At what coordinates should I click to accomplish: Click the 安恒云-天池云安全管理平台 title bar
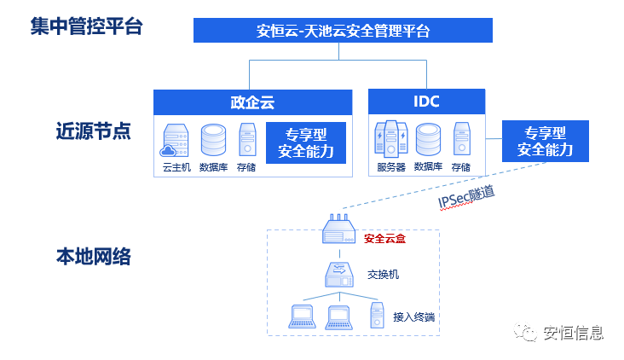pyautogui.click(x=343, y=32)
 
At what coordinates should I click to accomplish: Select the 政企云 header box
pyautogui.click(x=252, y=102)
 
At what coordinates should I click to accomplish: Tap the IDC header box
pyautogui.click(x=426, y=102)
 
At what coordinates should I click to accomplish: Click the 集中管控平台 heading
pyautogui.click(x=86, y=26)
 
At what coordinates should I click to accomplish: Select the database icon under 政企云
pyautogui.click(x=212, y=139)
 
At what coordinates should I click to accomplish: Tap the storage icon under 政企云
pyautogui.click(x=247, y=140)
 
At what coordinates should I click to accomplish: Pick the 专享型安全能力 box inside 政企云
pyautogui.click(x=305, y=142)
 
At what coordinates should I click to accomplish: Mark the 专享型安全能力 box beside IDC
pyautogui.click(x=545, y=142)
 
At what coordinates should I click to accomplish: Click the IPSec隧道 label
pyautogui.click(x=466, y=197)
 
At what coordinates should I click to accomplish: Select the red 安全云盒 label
pyautogui.click(x=384, y=239)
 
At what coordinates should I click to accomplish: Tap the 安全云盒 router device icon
pyautogui.click(x=339, y=229)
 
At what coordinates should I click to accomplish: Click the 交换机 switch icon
pyautogui.click(x=339, y=274)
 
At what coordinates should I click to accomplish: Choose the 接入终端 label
pyautogui.click(x=414, y=317)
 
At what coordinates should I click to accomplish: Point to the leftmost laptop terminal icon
pyautogui.click(x=303, y=316)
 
